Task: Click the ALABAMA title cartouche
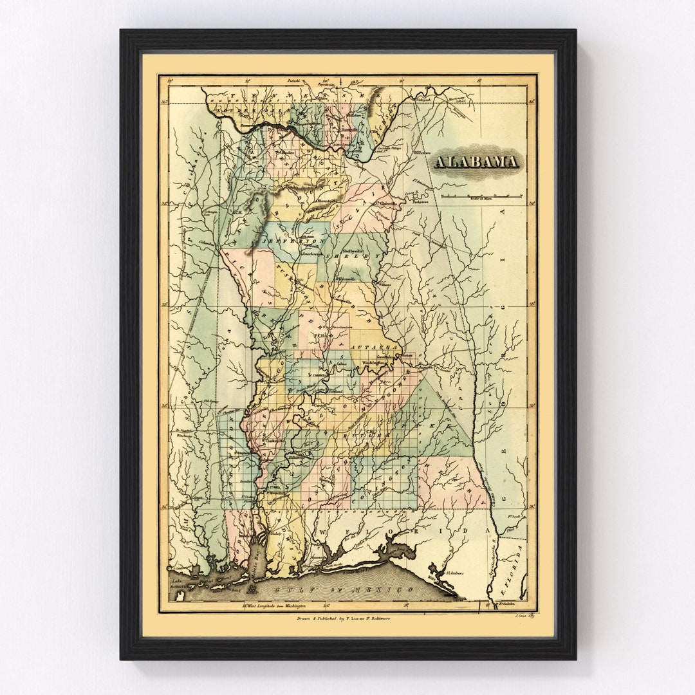tap(476, 162)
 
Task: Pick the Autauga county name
tap(377, 347)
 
